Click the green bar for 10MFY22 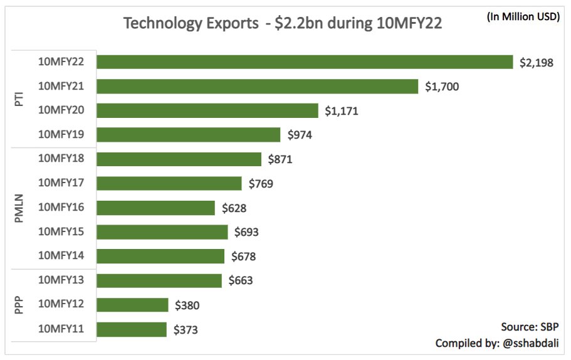click(305, 62)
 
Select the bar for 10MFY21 click(258, 87)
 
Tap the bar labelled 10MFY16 click(156, 208)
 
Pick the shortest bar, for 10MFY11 click(132, 329)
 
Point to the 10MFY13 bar click(159, 280)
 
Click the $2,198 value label click(537, 63)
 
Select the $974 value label click(300, 135)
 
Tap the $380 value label click(187, 305)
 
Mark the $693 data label click(246, 231)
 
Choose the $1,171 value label click(342, 111)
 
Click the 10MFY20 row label click(61, 110)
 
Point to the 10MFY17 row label click(61, 182)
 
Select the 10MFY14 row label click(61, 255)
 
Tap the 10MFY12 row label click(61, 304)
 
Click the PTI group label click(19, 99)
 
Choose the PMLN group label click(19, 208)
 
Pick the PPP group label click(19, 305)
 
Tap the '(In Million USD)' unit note click(523, 16)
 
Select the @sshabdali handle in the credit click(531, 343)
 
